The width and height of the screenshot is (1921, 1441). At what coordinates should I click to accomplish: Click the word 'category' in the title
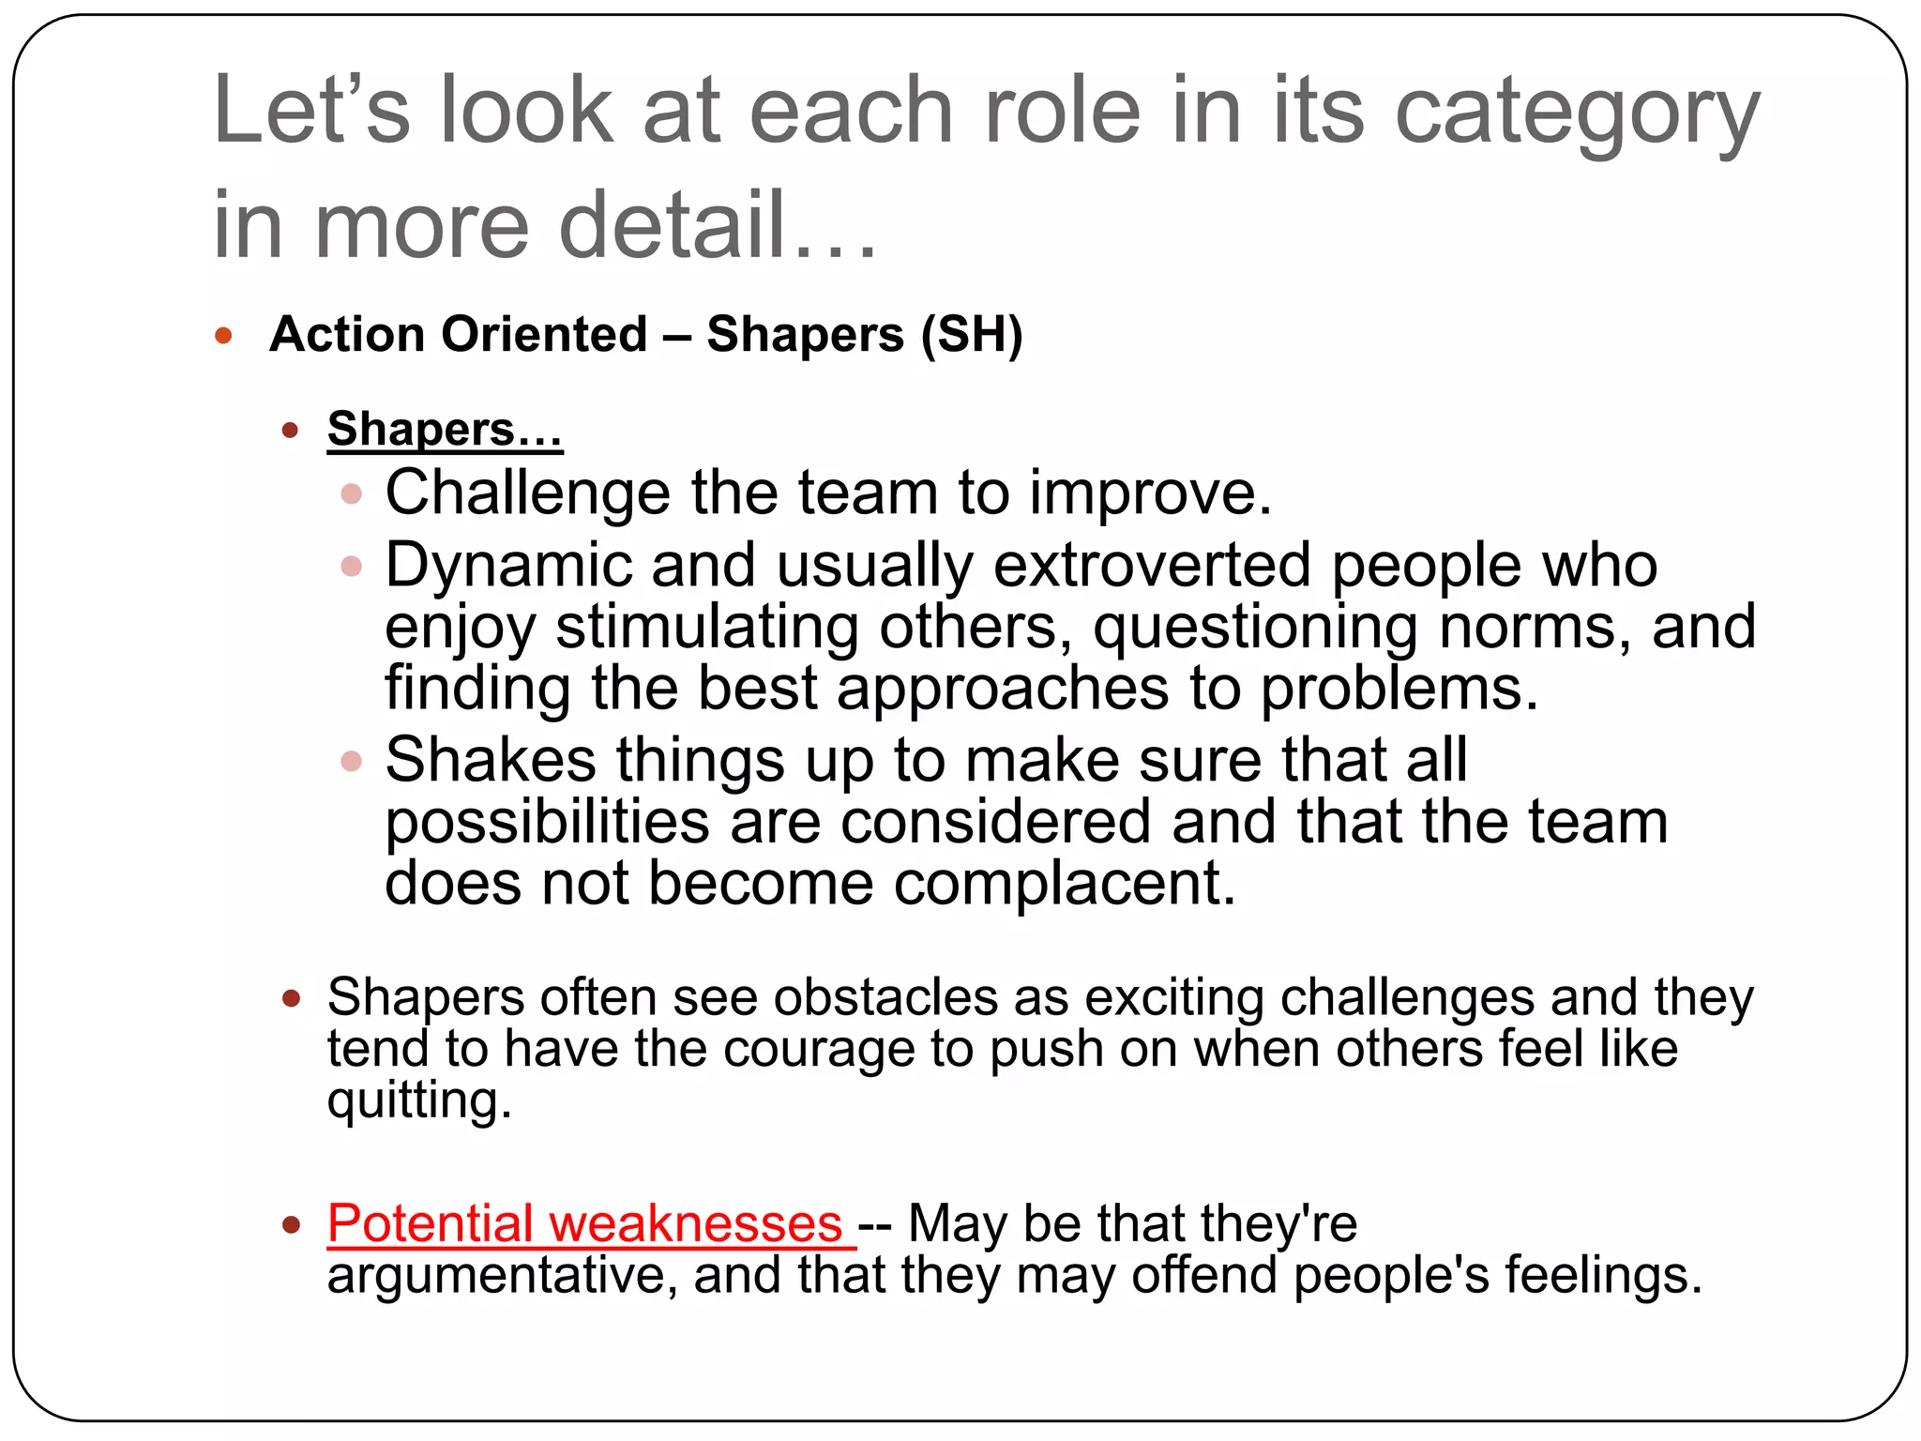tap(1576, 114)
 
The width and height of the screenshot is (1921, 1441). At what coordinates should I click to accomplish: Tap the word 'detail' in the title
tap(672, 226)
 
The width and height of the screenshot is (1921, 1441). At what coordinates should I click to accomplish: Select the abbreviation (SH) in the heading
tap(972, 335)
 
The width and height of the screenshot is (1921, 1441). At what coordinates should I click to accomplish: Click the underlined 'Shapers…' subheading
tap(445, 431)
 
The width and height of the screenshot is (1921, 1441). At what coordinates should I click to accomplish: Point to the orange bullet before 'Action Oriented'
tap(223, 336)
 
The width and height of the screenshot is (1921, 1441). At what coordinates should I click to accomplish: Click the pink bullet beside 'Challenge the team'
tap(352, 493)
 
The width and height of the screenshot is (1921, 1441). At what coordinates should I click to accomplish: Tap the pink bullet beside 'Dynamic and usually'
tap(352, 567)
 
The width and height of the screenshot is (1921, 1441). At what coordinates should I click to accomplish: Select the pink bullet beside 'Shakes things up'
tap(352, 761)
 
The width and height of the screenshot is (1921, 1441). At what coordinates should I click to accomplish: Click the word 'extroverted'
tap(1152, 566)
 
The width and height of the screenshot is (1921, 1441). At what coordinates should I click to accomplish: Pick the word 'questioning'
tap(1255, 628)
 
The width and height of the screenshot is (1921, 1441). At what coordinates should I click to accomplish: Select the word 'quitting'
tap(418, 1100)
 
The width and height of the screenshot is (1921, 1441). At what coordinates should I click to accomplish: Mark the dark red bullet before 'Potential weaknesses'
tap(292, 1224)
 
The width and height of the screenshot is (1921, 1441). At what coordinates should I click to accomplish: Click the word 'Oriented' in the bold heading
tap(544, 335)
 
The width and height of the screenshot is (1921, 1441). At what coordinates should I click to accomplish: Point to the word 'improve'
tap(1149, 493)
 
